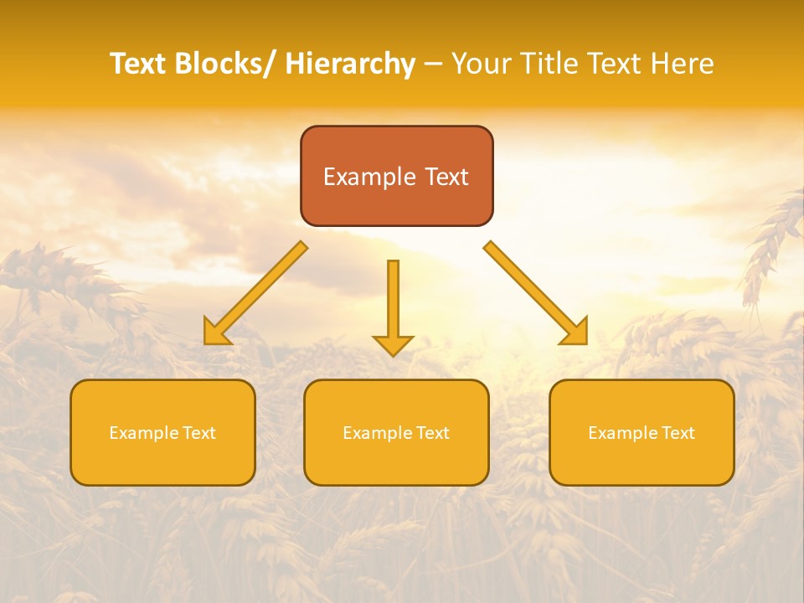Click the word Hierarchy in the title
pos(350,64)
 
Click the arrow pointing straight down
pos(393,301)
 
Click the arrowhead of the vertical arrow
pos(393,344)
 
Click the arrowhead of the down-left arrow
pos(216,333)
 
